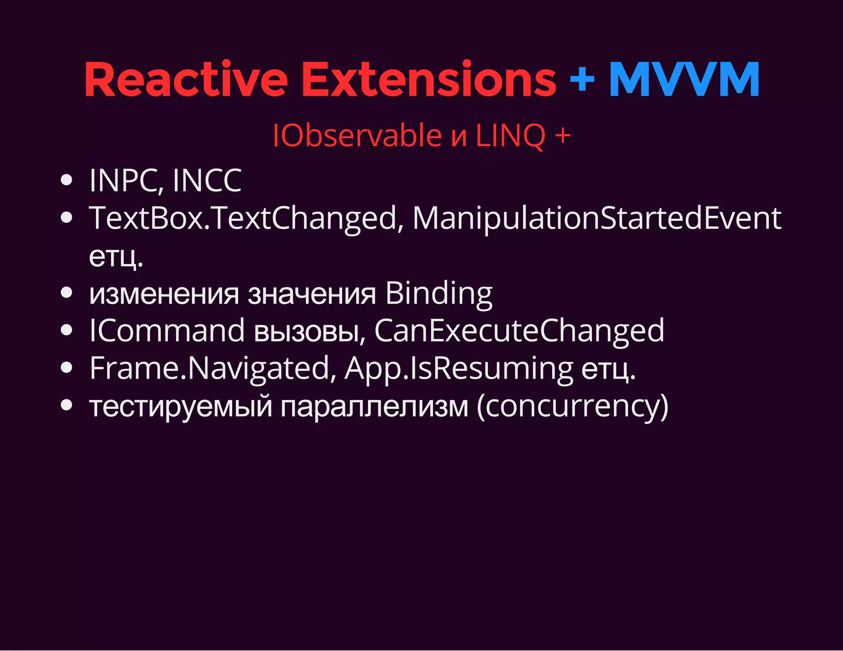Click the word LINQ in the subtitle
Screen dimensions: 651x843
[x=510, y=135]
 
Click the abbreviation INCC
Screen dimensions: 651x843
[x=207, y=181]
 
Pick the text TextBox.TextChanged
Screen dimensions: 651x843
[x=243, y=218]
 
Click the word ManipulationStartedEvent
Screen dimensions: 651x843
[x=597, y=218]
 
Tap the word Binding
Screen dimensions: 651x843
[x=439, y=294]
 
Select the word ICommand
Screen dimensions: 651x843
[x=167, y=331]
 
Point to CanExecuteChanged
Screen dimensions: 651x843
[x=519, y=331]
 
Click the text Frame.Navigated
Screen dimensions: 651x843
[x=210, y=368]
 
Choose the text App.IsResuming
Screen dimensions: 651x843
[x=459, y=368]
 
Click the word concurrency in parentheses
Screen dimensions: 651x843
[x=572, y=406]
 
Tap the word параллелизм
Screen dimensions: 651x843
[x=375, y=406]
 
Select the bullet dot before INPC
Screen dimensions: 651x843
[x=66, y=180]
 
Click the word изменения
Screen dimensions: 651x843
[x=164, y=294]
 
